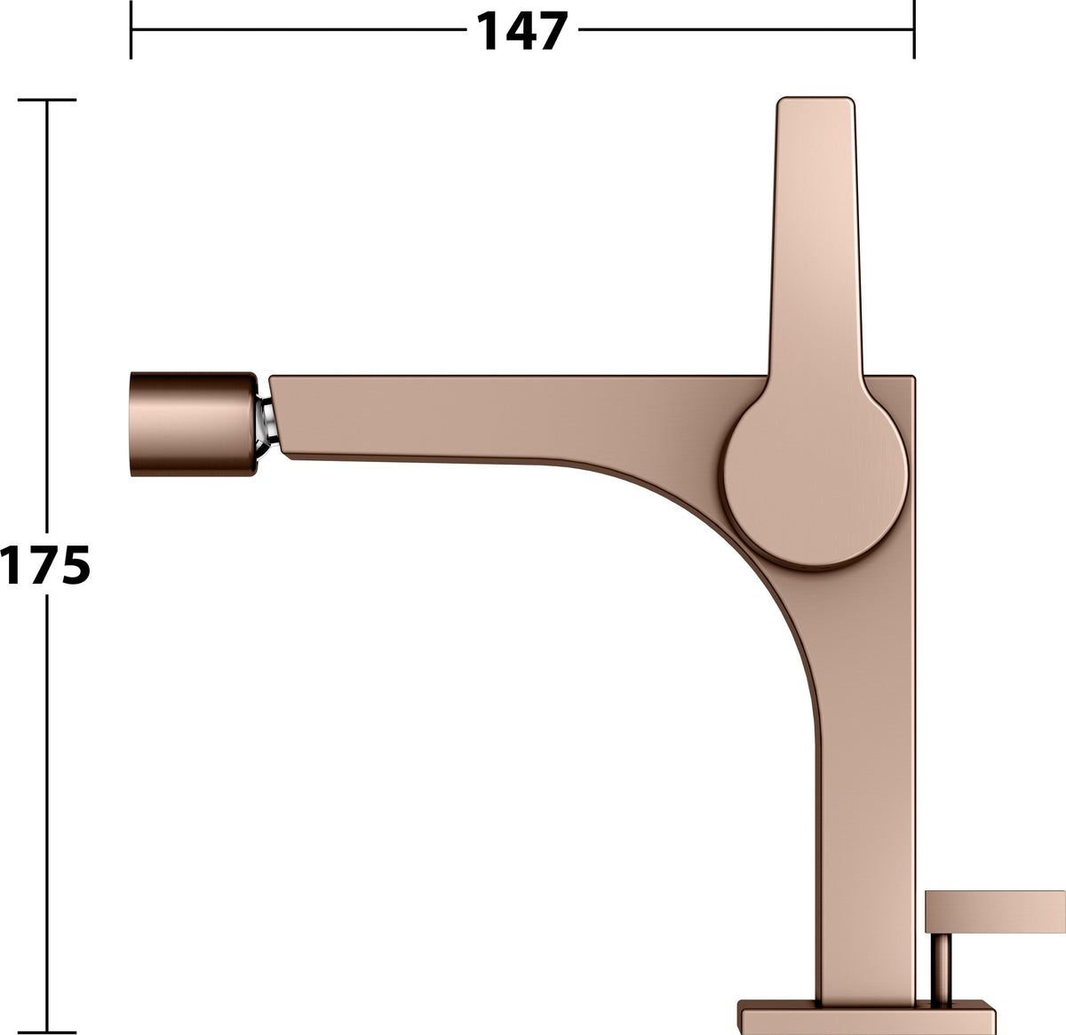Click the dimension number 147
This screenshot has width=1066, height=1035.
click(x=522, y=31)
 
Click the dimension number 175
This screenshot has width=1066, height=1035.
click(x=45, y=564)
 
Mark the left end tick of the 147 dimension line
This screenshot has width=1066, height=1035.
click(x=131, y=29)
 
